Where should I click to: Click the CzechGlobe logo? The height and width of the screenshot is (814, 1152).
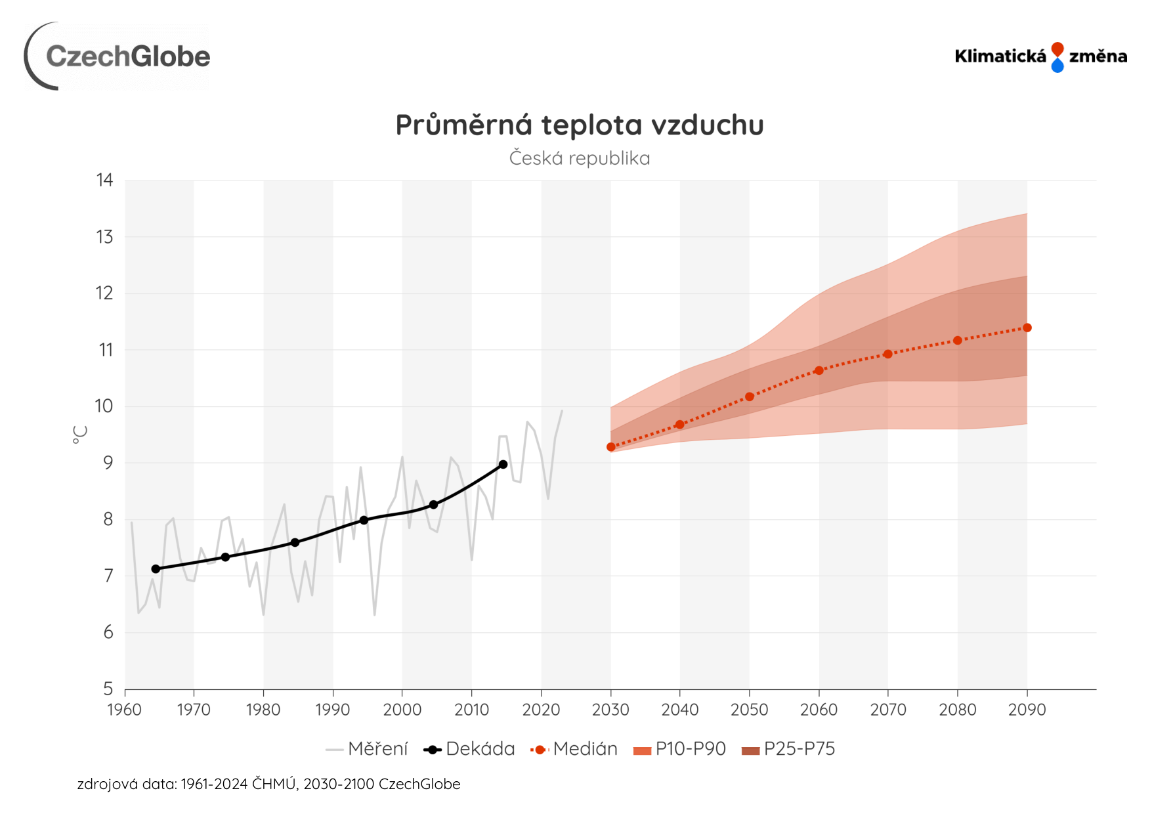(118, 56)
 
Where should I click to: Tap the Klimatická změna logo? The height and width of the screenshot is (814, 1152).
(1040, 56)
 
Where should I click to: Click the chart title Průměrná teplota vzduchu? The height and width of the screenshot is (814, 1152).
(580, 125)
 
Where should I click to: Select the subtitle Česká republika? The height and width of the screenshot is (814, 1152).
(580, 158)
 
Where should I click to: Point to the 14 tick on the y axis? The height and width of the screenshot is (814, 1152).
(104, 180)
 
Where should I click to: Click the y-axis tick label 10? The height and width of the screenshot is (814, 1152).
(104, 406)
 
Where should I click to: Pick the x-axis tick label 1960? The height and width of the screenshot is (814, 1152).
(124, 710)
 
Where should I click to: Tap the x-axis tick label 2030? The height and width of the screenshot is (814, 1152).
(610, 710)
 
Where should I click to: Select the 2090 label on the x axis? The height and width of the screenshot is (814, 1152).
(1027, 710)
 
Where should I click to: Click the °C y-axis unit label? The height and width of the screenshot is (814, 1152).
(80, 434)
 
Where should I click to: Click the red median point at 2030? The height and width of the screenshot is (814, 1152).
(611, 447)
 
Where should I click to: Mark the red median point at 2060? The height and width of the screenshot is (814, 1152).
(819, 370)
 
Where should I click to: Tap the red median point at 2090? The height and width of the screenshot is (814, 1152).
(1027, 328)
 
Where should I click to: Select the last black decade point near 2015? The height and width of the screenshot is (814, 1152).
(503, 464)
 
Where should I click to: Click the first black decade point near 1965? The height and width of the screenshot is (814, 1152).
(156, 568)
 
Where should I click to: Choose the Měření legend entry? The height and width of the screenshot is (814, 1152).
(368, 749)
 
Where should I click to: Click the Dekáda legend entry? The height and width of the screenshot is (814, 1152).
(470, 749)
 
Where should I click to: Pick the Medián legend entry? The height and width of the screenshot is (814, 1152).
(575, 749)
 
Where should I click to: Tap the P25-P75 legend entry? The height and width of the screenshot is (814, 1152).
(788, 749)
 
